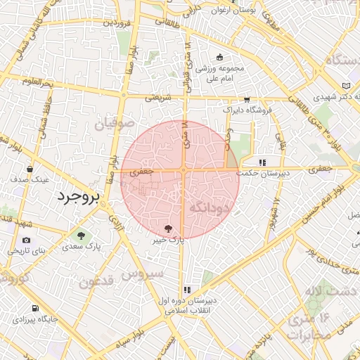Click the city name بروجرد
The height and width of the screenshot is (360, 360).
79,195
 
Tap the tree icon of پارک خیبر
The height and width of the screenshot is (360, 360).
168,229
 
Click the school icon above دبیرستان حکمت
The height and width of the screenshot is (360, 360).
263,162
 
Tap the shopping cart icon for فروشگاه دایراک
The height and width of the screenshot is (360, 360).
246,100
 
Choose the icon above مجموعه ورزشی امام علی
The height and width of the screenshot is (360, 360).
220,57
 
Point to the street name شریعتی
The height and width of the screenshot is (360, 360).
158,98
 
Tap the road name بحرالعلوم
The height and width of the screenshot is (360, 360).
37,84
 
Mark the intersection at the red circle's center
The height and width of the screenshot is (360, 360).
182,170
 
